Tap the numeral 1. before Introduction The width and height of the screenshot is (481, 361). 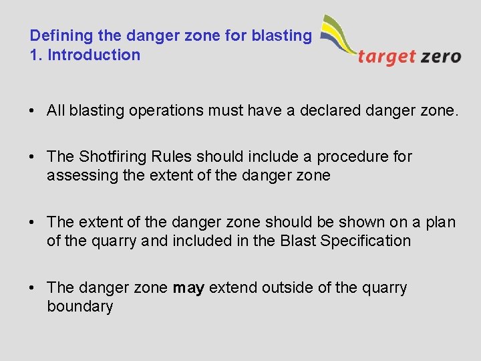click(x=36, y=55)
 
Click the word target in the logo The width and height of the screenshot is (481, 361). click(x=387, y=57)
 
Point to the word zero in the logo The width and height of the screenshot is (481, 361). click(x=441, y=56)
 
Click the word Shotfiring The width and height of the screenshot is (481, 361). click(x=112, y=156)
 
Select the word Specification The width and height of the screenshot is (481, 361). click(x=365, y=241)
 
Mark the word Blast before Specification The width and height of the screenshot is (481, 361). click(x=299, y=241)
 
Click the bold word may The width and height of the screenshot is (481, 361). click(x=188, y=288)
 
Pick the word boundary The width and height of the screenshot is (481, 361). click(x=79, y=307)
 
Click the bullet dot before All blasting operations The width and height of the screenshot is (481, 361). click(x=33, y=111)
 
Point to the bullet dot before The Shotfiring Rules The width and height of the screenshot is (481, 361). click(x=33, y=157)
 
